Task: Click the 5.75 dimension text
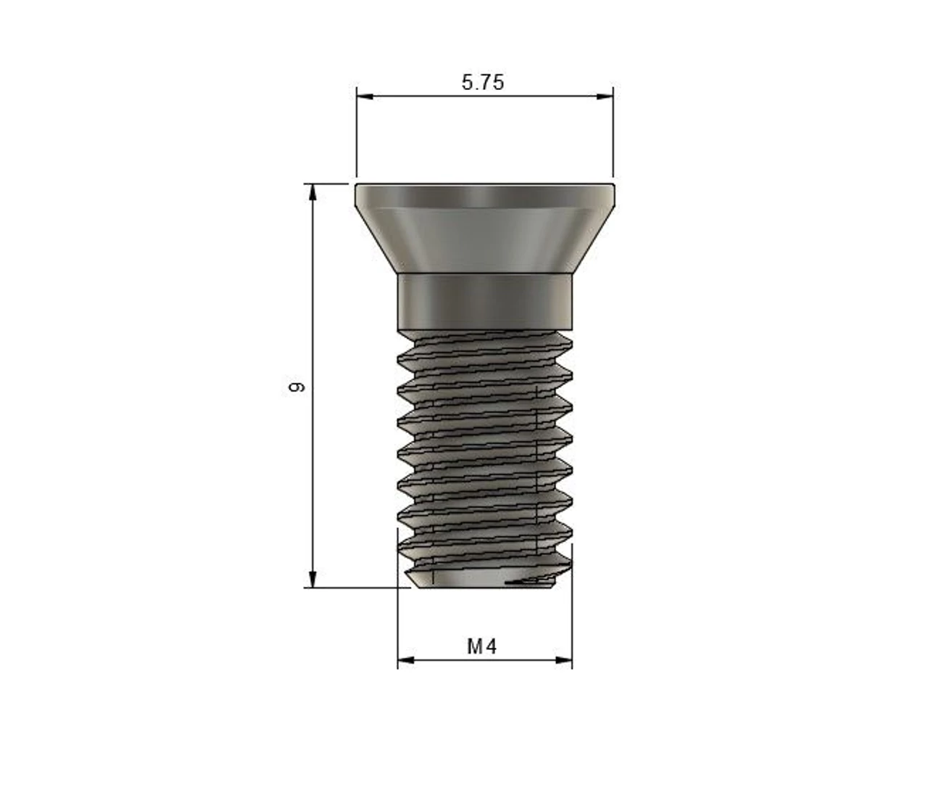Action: (483, 82)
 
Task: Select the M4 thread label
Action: (482, 646)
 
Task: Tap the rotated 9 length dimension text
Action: (296, 387)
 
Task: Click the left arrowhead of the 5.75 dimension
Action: (365, 96)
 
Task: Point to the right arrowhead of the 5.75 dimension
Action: (605, 96)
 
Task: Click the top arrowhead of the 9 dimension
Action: (313, 192)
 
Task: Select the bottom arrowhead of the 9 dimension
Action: (313, 579)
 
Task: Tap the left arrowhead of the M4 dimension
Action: (406, 660)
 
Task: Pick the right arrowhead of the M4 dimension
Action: (564, 660)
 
